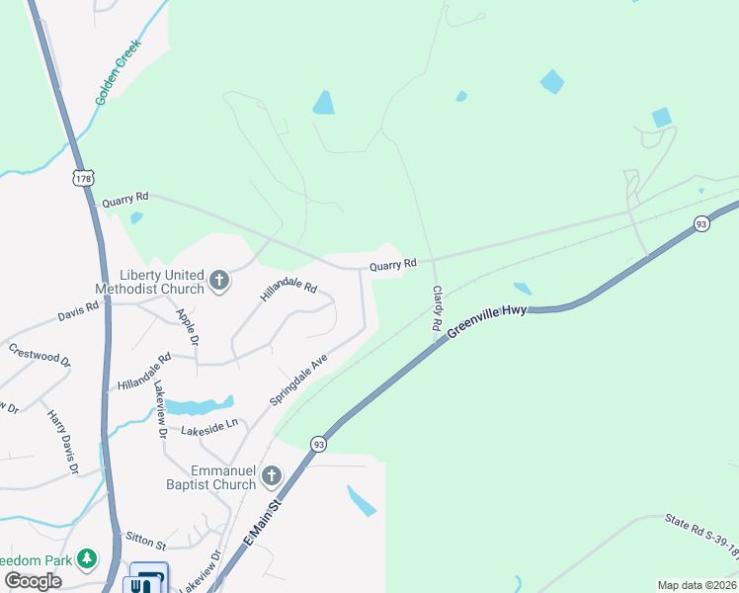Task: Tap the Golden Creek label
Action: click(119, 72)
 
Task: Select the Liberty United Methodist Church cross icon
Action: click(219, 282)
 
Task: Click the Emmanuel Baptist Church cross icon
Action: click(272, 477)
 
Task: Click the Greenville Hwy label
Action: click(488, 321)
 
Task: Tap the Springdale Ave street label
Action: click(298, 381)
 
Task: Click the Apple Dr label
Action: click(187, 327)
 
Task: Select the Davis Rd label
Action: click(78, 312)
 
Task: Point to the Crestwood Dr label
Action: click(41, 355)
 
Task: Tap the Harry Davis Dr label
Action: click(61, 442)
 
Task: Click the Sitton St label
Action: click(145, 540)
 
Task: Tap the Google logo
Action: click(33, 581)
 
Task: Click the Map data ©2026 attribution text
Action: click(697, 585)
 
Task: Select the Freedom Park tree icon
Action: click(87, 559)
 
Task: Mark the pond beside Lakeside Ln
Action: click(198, 406)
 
